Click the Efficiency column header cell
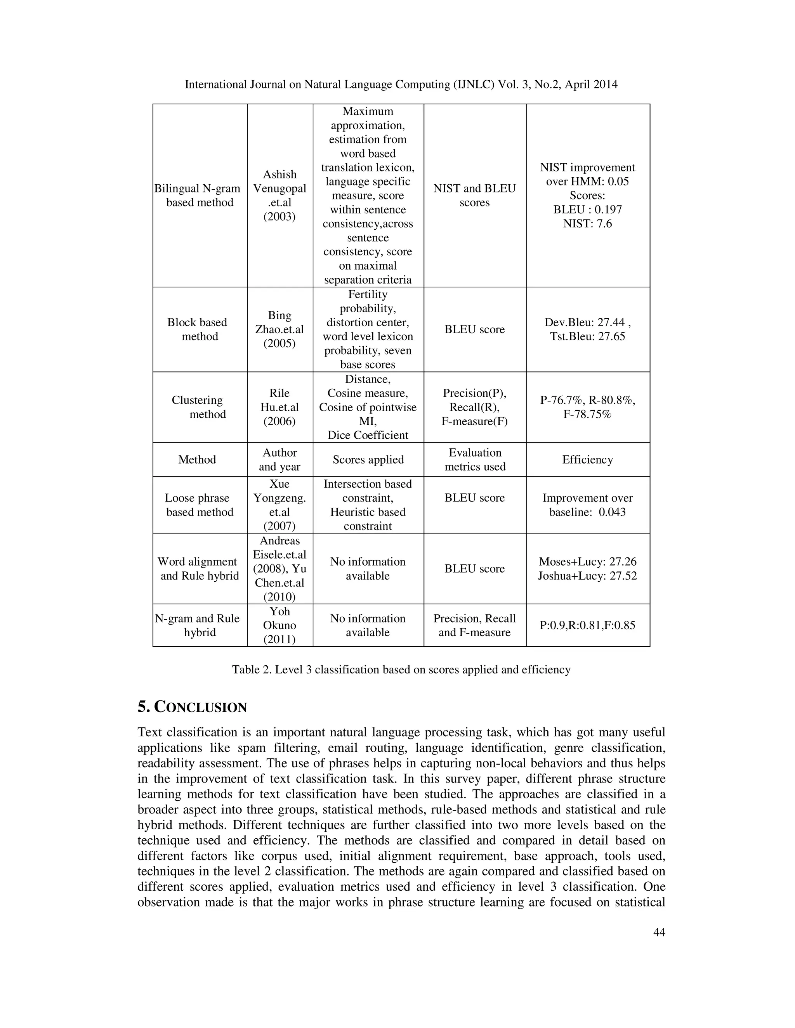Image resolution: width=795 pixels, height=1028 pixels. pyautogui.click(x=587, y=459)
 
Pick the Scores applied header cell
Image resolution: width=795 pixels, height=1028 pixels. pyautogui.click(x=368, y=459)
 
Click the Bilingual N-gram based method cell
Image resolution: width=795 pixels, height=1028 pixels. pyautogui.click(x=200, y=196)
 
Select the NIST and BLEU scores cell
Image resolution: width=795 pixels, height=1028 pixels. pyautogui.click(x=474, y=196)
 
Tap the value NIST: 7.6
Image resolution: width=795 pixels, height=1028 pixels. pyautogui.click(x=587, y=223)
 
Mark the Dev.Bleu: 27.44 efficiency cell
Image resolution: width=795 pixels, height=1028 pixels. pyautogui.click(x=587, y=329)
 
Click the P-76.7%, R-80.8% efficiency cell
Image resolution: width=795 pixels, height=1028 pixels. pyautogui.click(x=587, y=407)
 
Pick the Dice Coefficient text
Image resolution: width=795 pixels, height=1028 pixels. pyautogui.click(x=368, y=435)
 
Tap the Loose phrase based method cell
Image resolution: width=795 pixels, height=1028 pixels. pyautogui.click(x=200, y=505)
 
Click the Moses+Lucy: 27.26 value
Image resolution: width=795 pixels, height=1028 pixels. pyautogui.click(x=587, y=562)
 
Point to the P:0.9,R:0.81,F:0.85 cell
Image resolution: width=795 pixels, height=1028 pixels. pyautogui.click(x=587, y=625)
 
